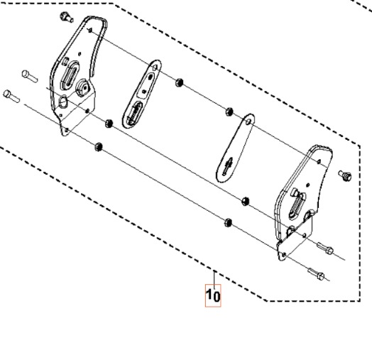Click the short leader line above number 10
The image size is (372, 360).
point(213,276)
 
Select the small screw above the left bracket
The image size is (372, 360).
point(66,16)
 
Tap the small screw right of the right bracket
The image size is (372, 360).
point(346,173)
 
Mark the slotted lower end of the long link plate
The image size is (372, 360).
point(133,113)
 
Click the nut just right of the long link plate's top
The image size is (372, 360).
point(180,82)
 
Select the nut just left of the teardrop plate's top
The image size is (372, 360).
point(229,110)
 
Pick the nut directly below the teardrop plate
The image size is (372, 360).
point(246,202)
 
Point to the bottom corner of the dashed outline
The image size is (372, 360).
point(267,300)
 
